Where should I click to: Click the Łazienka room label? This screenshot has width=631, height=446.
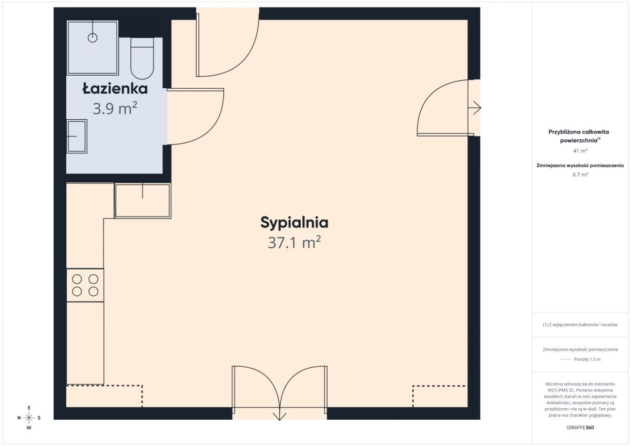(115, 89)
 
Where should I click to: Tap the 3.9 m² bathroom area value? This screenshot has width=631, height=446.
(115, 109)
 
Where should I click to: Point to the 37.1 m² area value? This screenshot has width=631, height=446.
(294, 242)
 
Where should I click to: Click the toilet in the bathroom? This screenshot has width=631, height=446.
(143, 58)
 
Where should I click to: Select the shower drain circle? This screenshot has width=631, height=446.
(93, 38)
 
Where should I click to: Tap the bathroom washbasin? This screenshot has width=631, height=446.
(77, 136)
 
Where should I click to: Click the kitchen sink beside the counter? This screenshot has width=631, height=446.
(143, 201)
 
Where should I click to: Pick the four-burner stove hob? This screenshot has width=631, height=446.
(85, 285)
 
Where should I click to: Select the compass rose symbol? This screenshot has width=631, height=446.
(29, 418)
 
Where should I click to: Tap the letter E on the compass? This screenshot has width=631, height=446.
(29, 408)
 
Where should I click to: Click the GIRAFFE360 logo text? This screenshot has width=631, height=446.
(580, 428)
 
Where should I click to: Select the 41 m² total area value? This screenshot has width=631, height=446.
(580, 151)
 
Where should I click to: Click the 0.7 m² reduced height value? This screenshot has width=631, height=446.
(580, 174)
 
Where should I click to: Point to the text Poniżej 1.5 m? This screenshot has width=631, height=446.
(587, 359)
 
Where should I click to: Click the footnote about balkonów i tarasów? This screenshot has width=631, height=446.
(580, 325)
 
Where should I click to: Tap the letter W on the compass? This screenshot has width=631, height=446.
(29, 428)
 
